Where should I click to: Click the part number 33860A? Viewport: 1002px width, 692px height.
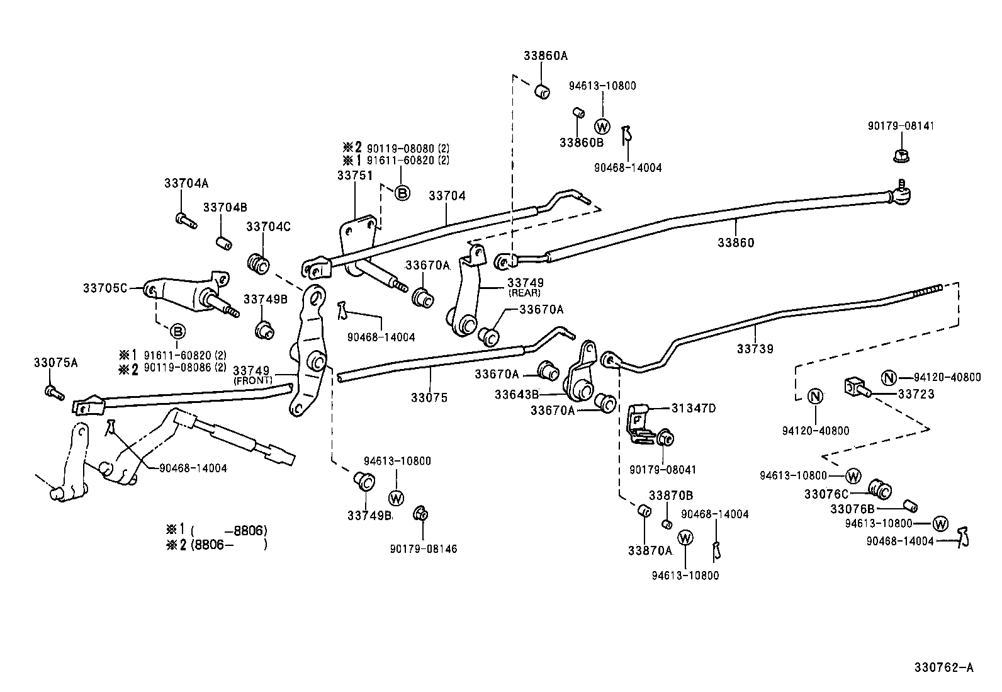click(545, 55)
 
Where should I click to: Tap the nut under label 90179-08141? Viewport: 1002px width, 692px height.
click(901, 154)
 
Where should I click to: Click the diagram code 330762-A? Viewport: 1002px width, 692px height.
click(943, 667)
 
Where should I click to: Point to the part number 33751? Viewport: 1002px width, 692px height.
click(354, 176)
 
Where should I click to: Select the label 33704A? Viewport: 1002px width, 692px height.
click(186, 183)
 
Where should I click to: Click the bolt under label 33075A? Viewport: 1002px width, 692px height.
click(53, 392)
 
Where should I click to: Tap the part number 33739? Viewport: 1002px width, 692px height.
click(755, 348)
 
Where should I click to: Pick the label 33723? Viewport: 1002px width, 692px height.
click(916, 394)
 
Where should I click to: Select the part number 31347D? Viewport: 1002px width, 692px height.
click(694, 408)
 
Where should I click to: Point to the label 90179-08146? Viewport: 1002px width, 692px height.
click(423, 548)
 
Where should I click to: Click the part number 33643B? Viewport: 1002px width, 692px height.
click(516, 395)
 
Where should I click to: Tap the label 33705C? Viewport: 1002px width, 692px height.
click(105, 288)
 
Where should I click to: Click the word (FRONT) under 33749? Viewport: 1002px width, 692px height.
click(252, 381)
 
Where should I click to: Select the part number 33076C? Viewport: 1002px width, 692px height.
click(826, 494)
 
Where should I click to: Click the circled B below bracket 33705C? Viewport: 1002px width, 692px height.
click(178, 331)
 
